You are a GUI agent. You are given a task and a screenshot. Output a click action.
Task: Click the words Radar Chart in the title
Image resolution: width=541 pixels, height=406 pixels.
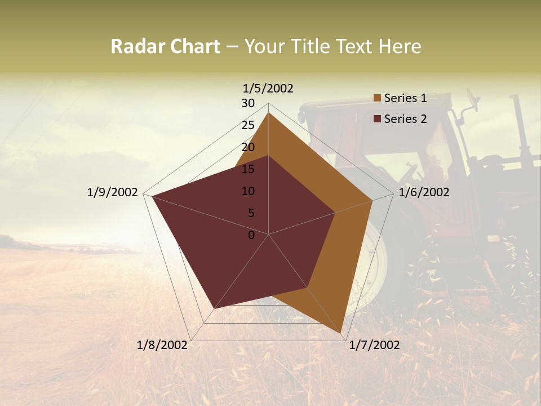click(165, 46)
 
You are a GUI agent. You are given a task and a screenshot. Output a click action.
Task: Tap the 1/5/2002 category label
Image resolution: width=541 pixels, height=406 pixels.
click(268, 88)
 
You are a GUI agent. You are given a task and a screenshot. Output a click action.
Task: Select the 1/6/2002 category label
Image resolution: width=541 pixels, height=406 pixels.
click(424, 192)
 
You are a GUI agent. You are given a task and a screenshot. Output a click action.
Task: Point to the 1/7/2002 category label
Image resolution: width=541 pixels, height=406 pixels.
click(374, 345)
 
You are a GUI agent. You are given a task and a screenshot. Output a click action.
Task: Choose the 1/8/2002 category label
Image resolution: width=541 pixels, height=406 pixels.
click(162, 345)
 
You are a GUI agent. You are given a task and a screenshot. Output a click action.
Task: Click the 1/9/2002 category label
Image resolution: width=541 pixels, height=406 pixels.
click(112, 192)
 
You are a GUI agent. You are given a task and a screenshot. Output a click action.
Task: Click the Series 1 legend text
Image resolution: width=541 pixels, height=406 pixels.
click(405, 98)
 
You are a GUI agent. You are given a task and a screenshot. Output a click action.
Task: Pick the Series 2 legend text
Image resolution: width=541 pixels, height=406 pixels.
click(405, 119)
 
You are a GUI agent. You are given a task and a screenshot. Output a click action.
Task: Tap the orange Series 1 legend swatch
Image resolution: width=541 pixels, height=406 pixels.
click(377, 99)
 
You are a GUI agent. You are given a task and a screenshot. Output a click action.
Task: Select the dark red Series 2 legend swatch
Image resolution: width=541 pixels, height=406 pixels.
click(377, 119)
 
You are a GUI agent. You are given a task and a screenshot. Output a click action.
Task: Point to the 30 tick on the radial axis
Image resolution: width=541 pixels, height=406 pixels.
click(248, 103)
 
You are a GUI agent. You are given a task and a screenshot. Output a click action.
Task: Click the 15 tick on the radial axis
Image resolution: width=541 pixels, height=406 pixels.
click(248, 169)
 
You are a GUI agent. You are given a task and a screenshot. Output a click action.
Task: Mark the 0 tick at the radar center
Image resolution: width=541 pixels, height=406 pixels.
click(251, 235)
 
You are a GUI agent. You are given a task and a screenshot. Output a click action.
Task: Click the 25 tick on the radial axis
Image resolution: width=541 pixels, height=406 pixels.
click(248, 125)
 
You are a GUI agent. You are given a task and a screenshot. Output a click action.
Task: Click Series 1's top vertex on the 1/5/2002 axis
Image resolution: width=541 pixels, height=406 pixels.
click(268, 112)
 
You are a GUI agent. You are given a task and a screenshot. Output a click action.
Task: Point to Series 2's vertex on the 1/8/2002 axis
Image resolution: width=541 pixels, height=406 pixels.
click(214, 309)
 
